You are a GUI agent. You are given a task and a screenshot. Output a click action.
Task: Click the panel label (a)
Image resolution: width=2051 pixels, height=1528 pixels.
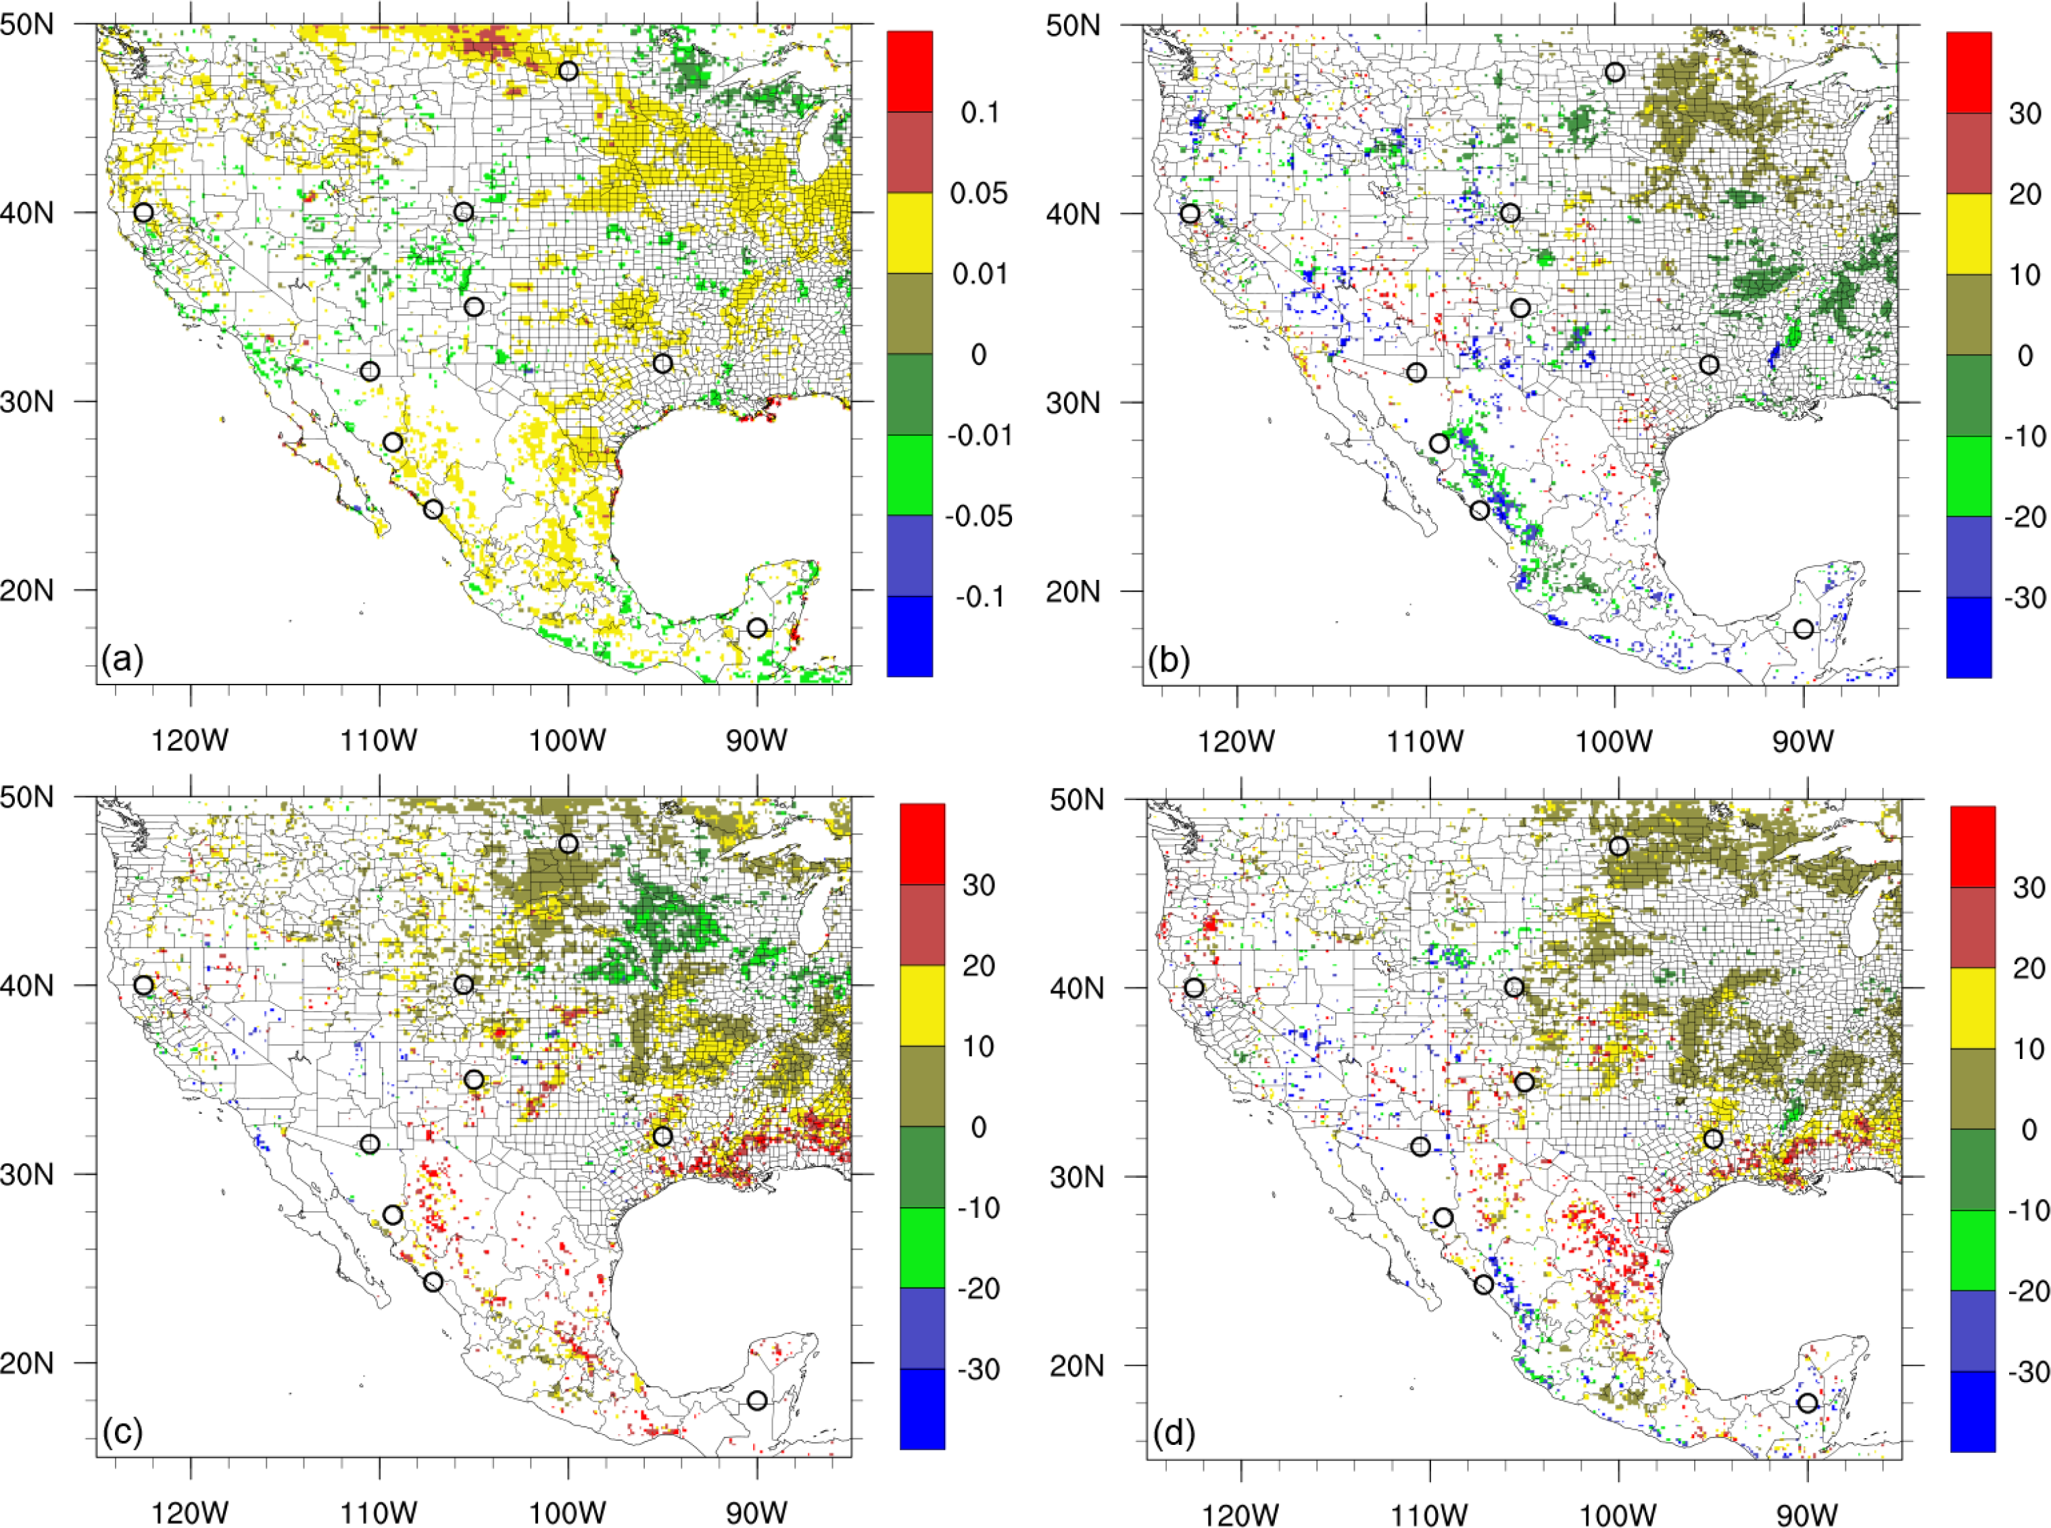(122, 660)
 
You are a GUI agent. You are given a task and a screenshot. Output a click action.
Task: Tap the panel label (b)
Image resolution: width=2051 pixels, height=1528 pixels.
(1168, 660)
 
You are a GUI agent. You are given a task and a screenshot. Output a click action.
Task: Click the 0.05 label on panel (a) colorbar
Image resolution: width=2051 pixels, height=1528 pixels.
(980, 193)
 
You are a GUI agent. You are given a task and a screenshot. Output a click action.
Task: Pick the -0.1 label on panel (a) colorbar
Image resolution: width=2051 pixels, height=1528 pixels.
(980, 597)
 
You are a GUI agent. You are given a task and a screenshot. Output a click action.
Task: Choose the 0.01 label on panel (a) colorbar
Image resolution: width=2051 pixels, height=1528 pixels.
(980, 274)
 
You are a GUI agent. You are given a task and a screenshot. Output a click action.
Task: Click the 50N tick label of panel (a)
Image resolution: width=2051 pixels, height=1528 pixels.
(28, 24)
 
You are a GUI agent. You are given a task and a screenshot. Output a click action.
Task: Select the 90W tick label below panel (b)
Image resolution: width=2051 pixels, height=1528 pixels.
(1803, 741)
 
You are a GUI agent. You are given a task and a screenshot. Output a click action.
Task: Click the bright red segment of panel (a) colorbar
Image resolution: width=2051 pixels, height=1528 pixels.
(909, 71)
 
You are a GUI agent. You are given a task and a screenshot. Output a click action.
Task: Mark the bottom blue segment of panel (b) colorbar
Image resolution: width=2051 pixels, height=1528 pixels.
(1969, 637)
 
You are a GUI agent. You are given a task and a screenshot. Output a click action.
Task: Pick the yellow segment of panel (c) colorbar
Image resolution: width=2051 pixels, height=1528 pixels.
(922, 1006)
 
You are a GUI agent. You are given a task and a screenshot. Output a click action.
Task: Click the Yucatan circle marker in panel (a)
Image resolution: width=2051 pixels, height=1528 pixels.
(756, 628)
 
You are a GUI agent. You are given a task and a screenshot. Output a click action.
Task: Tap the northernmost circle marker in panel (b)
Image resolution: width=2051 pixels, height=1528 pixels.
(1614, 72)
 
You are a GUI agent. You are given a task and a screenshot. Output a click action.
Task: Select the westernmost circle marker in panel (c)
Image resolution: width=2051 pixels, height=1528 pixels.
(143, 985)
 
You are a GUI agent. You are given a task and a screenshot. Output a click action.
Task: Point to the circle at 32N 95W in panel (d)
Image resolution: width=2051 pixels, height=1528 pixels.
(1713, 1139)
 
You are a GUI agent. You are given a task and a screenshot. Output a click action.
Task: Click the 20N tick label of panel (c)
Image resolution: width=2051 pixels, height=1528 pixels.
(28, 1362)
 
